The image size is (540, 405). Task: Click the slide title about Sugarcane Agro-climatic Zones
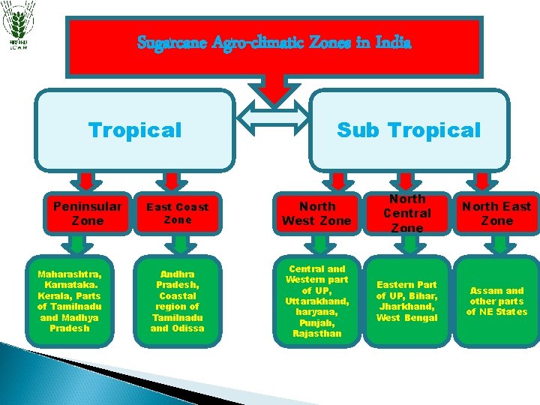(274, 43)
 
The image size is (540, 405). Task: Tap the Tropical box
(135, 130)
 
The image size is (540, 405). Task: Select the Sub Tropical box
(409, 130)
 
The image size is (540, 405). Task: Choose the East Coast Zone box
(178, 213)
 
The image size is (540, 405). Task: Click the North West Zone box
(316, 213)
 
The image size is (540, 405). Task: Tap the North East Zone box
(496, 213)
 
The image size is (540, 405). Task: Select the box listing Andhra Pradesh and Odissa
(178, 301)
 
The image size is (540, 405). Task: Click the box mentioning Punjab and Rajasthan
(316, 301)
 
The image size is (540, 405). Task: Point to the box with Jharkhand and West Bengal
(407, 301)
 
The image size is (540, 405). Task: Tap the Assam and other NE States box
(496, 301)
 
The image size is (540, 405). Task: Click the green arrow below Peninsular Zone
(77, 244)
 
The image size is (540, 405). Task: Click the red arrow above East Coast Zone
(172, 181)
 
